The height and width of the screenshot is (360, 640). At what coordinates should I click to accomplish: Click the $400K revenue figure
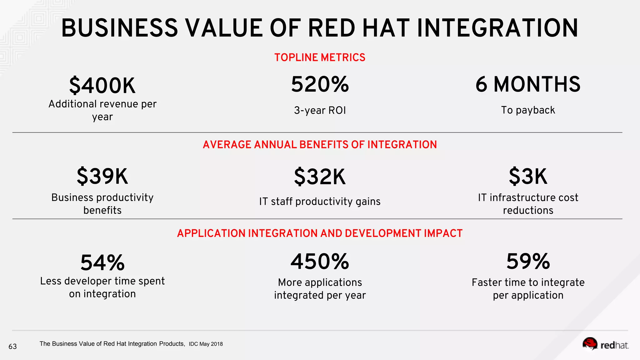[102, 86]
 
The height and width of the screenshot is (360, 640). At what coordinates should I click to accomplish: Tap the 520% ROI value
[320, 84]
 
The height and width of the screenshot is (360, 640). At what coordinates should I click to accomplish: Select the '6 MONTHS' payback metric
[528, 84]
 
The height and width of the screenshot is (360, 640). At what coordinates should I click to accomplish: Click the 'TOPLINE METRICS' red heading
[320, 57]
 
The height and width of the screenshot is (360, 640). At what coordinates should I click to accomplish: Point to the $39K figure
[102, 176]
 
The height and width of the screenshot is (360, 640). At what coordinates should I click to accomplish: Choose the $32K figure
[320, 177]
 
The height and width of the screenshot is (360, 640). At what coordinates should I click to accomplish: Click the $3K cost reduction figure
[528, 176]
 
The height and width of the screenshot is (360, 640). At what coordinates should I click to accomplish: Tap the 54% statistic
[102, 262]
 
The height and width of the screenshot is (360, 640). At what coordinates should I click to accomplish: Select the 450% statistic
[320, 262]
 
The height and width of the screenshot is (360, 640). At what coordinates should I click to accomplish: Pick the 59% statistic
[528, 262]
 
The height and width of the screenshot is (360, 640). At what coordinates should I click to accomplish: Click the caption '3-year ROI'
[320, 110]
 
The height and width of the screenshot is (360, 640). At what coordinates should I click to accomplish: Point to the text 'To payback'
[528, 110]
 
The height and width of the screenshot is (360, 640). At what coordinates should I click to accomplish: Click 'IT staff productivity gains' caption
[320, 202]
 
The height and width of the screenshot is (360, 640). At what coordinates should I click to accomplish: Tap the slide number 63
[12, 346]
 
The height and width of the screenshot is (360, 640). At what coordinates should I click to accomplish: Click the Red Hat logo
[605, 344]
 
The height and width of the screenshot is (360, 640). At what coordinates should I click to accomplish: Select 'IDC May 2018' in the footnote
[206, 344]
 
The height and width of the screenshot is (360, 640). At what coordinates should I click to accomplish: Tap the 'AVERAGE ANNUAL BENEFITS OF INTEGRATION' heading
[320, 145]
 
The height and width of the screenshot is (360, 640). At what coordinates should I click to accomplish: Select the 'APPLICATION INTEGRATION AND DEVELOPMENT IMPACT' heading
[320, 233]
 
